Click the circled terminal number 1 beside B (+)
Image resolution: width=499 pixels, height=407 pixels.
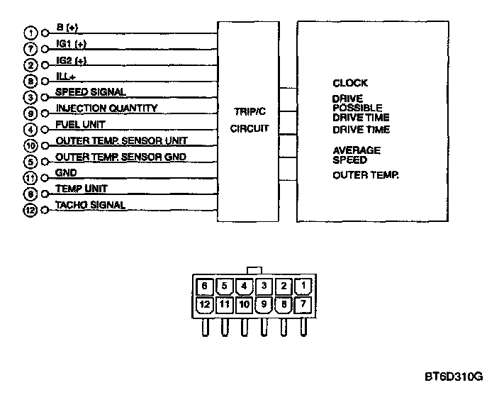point(30,33)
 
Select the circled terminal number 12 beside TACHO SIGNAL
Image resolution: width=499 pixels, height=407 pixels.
point(30,210)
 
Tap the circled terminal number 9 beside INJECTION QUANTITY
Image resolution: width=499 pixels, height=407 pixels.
point(30,113)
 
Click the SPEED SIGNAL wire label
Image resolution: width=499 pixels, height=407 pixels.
point(91,92)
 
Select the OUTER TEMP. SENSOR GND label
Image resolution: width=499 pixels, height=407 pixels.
point(111,156)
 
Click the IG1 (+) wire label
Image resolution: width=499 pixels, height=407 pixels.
point(70,44)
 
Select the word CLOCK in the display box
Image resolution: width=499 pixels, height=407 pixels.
point(350,83)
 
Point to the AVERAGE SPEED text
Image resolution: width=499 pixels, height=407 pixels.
point(357,155)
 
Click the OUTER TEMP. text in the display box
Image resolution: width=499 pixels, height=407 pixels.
point(366,175)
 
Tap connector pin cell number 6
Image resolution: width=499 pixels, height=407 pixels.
point(205,286)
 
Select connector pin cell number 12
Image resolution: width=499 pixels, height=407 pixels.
point(205,305)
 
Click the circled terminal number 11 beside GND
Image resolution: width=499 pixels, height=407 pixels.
point(30,178)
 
